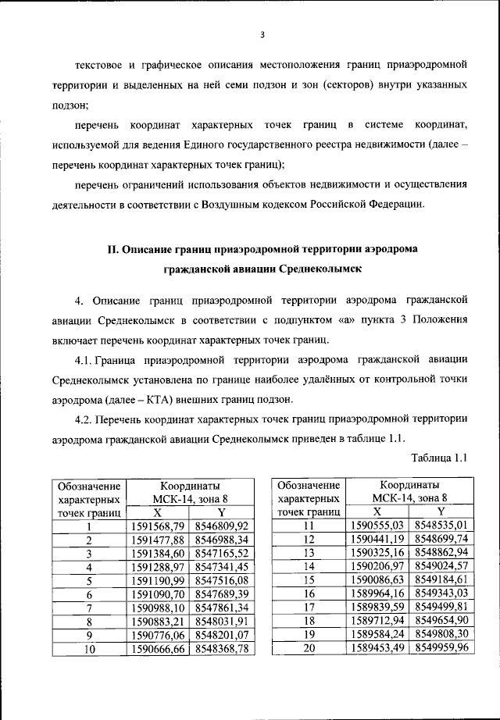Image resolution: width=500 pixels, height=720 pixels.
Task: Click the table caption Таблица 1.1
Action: click(x=438, y=458)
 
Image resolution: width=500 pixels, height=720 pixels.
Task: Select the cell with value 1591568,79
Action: click(x=157, y=526)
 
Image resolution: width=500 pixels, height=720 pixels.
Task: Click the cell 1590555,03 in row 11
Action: click(x=377, y=526)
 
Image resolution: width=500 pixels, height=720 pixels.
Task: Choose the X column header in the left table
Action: click(x=157, y=513)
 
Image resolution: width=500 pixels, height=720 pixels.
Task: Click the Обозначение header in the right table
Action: click(x=309, y=486)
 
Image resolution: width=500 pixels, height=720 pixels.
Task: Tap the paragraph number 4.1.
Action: click(x=87, y=360)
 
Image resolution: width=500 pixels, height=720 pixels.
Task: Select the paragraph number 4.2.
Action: click(x=87, y=419)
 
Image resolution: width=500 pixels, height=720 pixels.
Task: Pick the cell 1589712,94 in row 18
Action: click(x=377, y=621)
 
